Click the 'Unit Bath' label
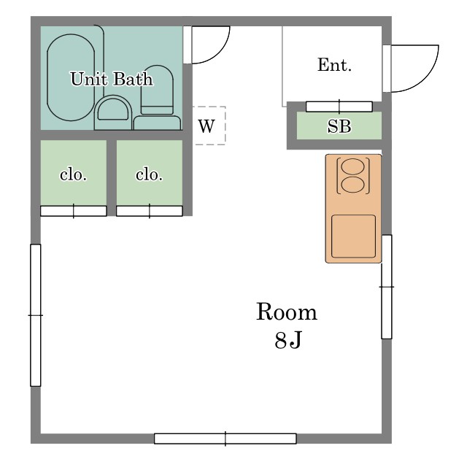(112, 79)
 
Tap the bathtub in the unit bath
(71, 77)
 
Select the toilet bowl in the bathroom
(157, 90)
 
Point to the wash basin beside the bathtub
(113, 112)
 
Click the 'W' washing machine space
(209, 126)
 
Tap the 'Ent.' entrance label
(334, 65)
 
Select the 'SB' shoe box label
(339, 126)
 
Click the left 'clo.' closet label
(73, 174)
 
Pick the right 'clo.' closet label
(149, 174)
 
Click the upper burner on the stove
(353, 166)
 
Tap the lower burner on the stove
(353, 185)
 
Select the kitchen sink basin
(353, 236)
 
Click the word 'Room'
(287, 312)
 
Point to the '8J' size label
(288, 340)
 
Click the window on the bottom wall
(225, 439)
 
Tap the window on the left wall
(36, 315)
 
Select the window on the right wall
(387, 287)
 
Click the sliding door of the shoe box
(339, 107)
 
